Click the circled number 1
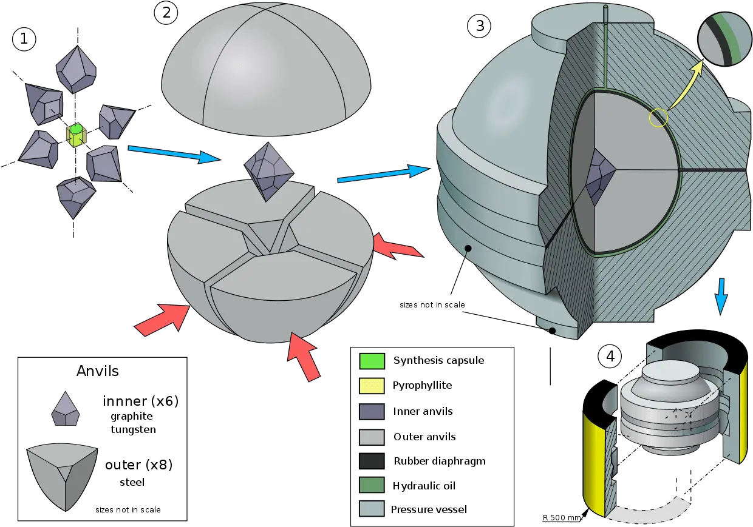[x=24, y=39]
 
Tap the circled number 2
[x=166, y=13]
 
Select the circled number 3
[x=479, y=26]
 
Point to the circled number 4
[x=610, y=356]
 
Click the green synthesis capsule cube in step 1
[x=77, y=135]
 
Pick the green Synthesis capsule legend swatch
[x=372, y=361]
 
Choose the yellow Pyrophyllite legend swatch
[x=372, y=386]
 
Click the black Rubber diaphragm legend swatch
[x=372, y=461]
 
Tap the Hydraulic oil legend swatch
[x=372, y=485]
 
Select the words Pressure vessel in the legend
[x=429, y=509]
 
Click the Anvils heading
[x=98, y=371]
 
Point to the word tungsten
[x=133, y=429]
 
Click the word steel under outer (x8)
[x=132, y=482]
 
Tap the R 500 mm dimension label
[x=562, y=518]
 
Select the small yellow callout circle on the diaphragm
[x=658, y=118]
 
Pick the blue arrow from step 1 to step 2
[x=174, y=155]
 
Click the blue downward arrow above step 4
[x=721, y=297]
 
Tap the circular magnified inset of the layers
[x=725, y=39]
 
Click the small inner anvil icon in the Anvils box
[x=65, y=408]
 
